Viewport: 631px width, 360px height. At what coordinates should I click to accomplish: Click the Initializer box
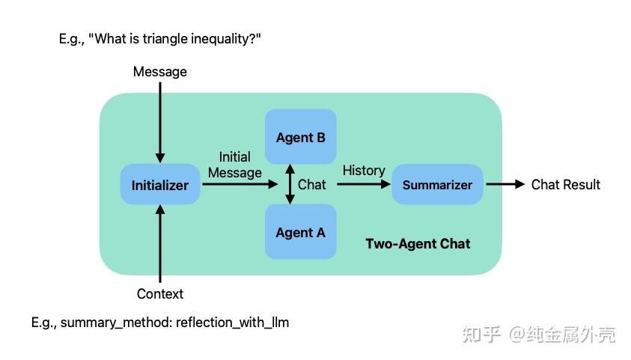160,185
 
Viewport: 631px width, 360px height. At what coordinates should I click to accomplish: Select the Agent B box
301,137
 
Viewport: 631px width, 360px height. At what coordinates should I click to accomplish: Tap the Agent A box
301,232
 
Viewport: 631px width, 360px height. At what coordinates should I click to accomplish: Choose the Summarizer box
437,185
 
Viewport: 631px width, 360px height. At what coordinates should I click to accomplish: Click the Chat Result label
565,184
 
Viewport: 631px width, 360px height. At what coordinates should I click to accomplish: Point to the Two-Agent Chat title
418,243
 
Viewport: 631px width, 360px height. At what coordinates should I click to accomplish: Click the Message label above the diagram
160,72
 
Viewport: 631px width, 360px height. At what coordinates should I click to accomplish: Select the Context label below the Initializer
160,294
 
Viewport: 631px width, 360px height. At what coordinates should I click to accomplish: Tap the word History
364,171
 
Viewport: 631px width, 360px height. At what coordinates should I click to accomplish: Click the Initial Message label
235,165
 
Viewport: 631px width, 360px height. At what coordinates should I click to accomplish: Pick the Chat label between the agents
312,184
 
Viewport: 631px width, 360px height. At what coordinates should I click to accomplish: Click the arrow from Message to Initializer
160,120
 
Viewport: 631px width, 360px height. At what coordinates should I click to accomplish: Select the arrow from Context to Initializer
160,243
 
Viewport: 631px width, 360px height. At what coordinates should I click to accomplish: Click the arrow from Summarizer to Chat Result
505,184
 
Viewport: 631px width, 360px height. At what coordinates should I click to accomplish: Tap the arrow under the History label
364,184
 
